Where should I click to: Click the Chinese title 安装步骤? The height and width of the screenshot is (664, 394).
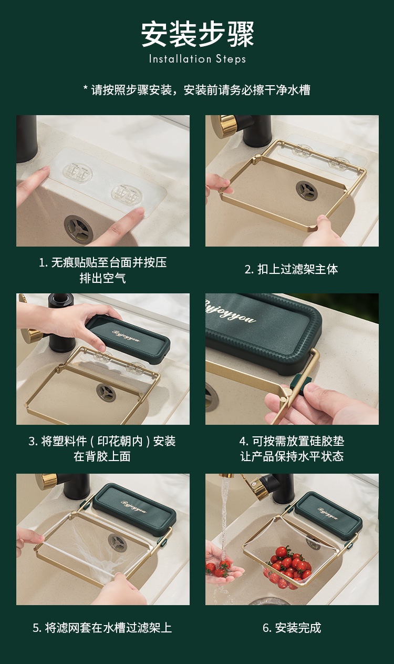[197, 34]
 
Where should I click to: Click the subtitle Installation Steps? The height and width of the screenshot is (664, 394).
[197, 59]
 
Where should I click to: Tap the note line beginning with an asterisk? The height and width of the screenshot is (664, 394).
[197, 90]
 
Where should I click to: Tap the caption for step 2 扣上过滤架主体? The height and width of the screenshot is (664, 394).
[291, 269]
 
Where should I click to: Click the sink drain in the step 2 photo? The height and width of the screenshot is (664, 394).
[306, 190]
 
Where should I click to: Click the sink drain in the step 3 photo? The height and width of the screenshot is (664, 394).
[106, 392]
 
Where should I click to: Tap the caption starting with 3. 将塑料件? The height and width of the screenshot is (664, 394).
[102, 448]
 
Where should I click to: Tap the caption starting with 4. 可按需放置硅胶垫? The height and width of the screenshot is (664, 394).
[291, 448]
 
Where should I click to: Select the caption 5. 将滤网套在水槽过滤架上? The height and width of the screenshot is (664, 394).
[102, 628]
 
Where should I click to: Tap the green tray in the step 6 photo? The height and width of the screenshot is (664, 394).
[328, 515]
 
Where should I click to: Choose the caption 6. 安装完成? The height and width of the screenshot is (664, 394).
[291, 628]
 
